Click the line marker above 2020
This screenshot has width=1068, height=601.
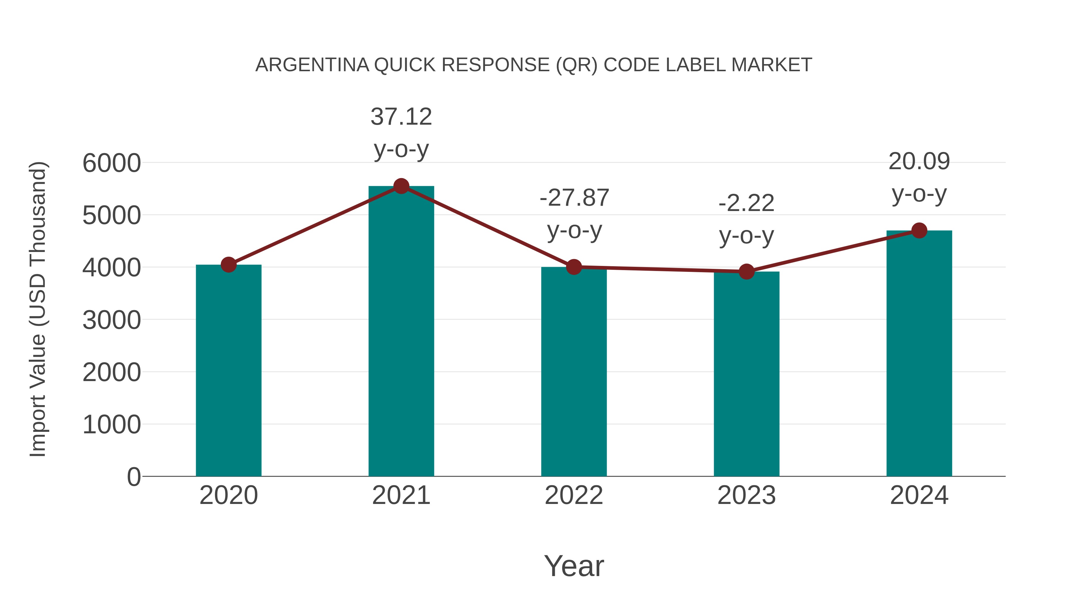228,265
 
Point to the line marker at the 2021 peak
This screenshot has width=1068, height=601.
401,186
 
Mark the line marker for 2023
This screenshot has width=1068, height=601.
746,272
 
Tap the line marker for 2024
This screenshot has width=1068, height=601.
919,231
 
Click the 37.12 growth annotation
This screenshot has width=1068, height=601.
401,117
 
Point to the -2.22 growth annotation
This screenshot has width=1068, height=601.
746,203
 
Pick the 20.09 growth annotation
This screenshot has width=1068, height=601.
919,161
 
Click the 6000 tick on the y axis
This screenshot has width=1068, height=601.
112,163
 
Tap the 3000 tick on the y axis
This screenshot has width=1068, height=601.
112,320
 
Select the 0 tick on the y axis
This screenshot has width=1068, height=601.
133,477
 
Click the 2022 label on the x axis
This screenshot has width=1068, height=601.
574,495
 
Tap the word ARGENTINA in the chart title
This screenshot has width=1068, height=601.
312,65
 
